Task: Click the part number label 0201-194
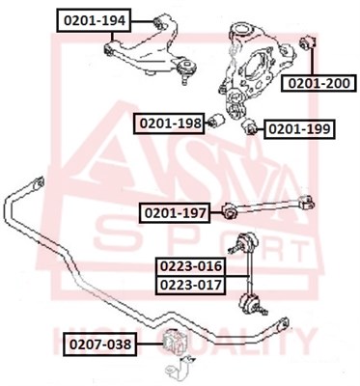(94, 20)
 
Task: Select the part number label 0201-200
(318, 83)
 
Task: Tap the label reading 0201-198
(169, 124)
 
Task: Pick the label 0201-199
(299, 129)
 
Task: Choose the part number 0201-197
(175, 212)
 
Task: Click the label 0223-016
(191, 266)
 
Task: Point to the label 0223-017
(191, 285)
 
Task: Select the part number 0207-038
(100, 345)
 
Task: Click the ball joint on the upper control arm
(185, 69)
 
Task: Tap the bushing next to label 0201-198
(216, 122)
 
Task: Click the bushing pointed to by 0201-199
(249, 126)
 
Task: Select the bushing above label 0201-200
(308, 42)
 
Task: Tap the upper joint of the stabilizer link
(245, 243)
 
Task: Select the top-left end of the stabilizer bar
(39, 182)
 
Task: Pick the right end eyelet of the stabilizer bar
(283, 323)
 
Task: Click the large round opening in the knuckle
(255, 67)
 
